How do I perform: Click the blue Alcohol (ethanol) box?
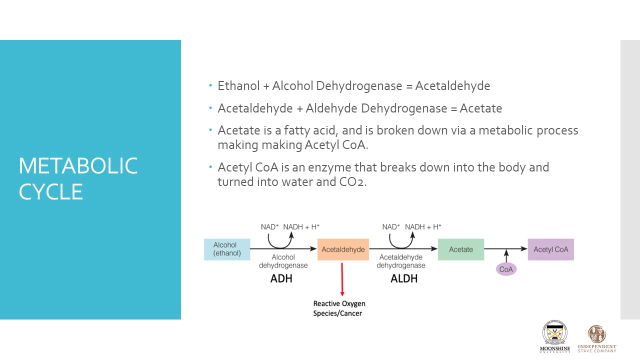point(226,249)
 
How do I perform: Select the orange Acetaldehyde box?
point(343,249)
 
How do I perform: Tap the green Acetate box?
point(460,249)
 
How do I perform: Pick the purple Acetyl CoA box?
point(550,249)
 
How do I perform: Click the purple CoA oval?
point(506,269)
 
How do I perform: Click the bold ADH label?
point(281,279)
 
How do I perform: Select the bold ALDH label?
point(403,279)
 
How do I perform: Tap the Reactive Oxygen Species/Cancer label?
point(339,308)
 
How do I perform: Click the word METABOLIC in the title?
point(78,166)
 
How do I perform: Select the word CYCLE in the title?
point(50,192)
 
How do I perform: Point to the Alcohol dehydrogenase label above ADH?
point(283,261)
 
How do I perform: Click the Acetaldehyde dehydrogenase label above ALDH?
point(401,261)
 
